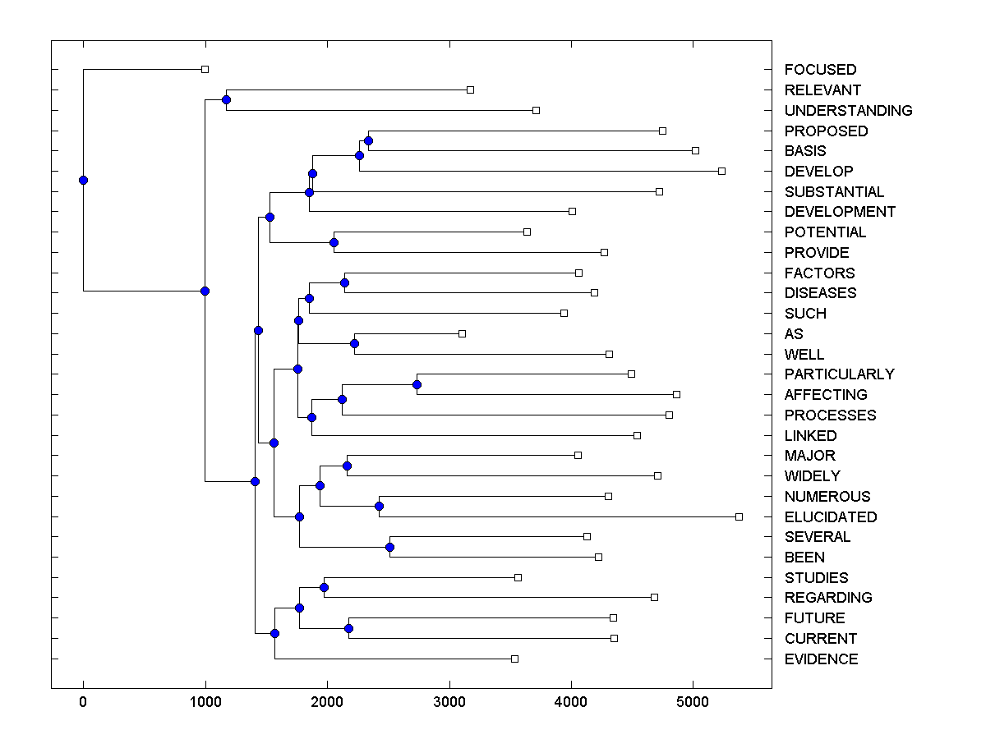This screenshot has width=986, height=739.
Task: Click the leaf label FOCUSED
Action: coord(820,70)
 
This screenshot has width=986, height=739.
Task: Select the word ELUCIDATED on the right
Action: coord(831,517)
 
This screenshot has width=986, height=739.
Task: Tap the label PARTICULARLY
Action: coord(839,374)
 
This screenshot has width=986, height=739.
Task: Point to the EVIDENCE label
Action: coord(821,659)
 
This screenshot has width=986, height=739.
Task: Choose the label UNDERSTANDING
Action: coord(848,111)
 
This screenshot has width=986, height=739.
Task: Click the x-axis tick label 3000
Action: coord(449,702)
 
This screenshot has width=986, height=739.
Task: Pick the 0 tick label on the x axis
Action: coord(83,702)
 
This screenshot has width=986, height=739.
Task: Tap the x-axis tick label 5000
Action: coord(693,702)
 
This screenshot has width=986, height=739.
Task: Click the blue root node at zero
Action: coord(83,181)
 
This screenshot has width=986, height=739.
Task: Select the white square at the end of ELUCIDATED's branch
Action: coord(739,516)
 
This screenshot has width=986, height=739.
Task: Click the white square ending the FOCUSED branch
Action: coord(205,69)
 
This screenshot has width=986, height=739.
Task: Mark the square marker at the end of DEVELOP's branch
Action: coord(721,171)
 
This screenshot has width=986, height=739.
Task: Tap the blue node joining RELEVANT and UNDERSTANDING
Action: coord(226,99)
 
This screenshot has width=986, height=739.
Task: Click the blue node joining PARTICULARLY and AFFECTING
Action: coord(417,384)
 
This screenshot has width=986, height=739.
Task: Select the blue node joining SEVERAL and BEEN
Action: coord(390,547)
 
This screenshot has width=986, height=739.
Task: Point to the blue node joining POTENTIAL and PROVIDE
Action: coord(334,242)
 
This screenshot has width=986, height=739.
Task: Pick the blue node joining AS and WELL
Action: coord(354,343)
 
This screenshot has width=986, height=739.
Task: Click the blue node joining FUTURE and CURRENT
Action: coord(348,628)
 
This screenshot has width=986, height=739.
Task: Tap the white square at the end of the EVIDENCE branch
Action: coord(514,659)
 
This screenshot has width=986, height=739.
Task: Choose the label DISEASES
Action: coord(820,293)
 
